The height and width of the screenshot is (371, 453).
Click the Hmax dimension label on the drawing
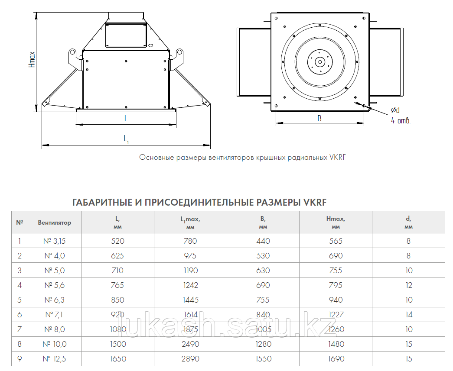(32, 60)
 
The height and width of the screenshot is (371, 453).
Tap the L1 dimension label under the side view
(126, 139)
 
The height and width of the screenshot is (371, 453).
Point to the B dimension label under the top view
(319, 118)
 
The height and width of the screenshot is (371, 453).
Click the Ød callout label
(395, 111)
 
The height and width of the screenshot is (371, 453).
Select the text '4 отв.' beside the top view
(401, 121)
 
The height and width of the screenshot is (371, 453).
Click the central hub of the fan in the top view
(320, 61)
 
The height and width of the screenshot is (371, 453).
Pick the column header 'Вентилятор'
(54, 223)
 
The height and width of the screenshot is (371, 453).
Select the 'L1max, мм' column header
(190, 223)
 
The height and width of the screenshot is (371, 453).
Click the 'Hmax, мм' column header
(336, 223)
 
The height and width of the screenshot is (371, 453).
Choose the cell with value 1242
(190, 285)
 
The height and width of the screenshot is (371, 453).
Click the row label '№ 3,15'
(55, 241)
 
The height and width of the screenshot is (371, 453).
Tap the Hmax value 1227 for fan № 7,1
(336, 315)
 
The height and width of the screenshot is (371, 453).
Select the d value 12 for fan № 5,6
(408, 285)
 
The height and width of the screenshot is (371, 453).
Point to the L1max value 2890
(190, 359)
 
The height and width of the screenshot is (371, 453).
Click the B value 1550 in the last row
(263, 359)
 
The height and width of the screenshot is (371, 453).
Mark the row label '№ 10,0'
(54, 344)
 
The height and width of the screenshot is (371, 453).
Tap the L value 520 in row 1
(117, 241)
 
